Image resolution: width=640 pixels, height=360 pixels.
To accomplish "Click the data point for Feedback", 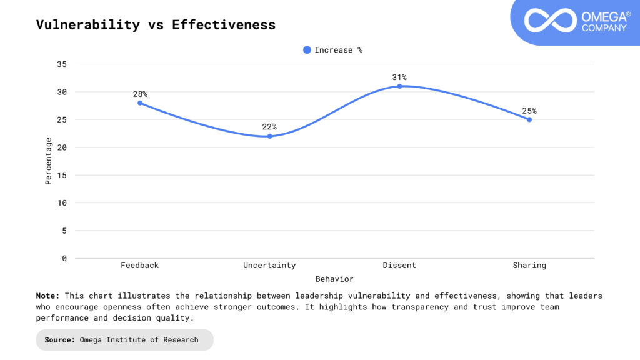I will coord(140,103).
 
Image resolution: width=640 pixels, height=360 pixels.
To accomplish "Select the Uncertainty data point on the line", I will coord(270,136).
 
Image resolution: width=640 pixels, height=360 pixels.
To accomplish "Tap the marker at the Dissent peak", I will coord(399,86).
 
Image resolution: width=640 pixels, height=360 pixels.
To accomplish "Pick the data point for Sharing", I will coord(529,119).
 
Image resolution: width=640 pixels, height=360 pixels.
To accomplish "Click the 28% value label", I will coord(140,94).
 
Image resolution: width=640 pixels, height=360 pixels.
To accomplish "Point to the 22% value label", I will coord(270,127).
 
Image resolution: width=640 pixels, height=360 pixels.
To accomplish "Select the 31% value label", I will coord(399,77).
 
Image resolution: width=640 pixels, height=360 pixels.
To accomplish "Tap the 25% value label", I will coord(529,111).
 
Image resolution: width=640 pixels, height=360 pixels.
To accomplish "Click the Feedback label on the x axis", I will coord(140,266).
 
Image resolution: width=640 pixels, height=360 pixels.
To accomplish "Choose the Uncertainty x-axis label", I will coord(270,266).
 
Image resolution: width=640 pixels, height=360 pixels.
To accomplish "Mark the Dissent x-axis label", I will coord(399,266).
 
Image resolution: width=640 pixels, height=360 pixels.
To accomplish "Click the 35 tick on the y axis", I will coord(62,64).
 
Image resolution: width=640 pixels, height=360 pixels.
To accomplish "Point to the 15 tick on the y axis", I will coord(62,175).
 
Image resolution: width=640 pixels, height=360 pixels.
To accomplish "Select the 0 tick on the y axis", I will coord(64,258).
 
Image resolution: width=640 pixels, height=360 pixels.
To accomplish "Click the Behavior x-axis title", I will coord(334,279).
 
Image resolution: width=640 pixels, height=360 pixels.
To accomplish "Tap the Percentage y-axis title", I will coord(49,161).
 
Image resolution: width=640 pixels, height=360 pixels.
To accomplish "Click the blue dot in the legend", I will coord(307,50).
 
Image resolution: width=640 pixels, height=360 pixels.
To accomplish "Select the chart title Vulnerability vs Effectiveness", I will coord(156,25).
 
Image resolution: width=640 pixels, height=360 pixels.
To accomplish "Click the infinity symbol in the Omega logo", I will coord(549,20).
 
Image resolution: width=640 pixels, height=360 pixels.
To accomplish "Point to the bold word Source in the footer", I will coord(59,340).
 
